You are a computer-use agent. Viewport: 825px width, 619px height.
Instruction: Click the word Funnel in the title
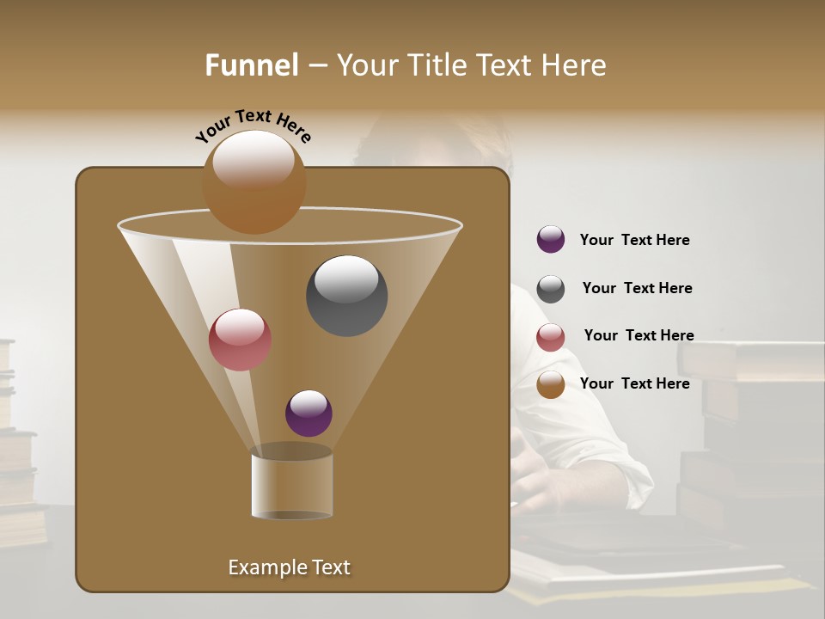(252, 65)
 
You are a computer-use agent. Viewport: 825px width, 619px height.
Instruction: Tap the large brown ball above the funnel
(254, 182)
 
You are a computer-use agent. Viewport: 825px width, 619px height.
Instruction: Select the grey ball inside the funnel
(346, 295)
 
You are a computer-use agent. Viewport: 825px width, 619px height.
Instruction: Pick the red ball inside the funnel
(240, 339)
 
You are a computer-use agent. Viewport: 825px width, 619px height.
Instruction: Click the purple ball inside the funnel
(309, 413)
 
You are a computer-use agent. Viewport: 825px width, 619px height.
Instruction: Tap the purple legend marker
(551, 239)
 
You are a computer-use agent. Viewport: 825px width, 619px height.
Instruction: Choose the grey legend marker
(551, 289)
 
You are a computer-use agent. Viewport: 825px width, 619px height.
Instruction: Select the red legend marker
(551, 337)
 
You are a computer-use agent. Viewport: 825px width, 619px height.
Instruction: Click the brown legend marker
(551, 384)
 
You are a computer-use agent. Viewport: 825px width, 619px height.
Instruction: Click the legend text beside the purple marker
(634, 240)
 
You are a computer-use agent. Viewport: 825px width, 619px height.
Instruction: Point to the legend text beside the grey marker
(637, 288)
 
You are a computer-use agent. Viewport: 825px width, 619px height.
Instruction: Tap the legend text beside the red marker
(639, 335)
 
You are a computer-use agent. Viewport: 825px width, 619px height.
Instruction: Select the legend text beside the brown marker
(634, 383)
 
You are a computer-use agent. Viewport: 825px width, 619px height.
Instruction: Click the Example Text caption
(289, 567)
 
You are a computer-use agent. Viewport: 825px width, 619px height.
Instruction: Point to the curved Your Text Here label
(253, 125)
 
